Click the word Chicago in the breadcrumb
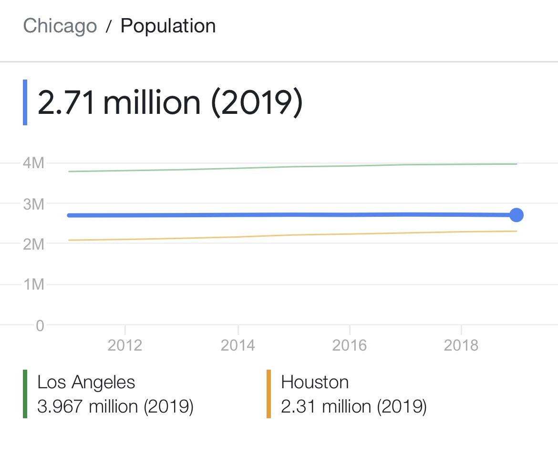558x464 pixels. coord(60,26)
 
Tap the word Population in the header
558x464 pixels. coord(168,26)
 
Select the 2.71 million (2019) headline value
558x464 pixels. coord(170,103)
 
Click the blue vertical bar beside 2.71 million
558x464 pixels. coord(25,102)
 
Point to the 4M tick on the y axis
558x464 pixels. coord(33,163)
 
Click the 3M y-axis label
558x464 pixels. coord(33,204)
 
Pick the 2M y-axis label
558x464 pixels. coord(33,244)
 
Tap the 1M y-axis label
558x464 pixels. coord(33,284)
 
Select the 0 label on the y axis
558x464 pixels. coord(40,325)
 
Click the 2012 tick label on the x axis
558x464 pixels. coord(125,345)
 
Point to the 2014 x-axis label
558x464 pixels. coord(238,345)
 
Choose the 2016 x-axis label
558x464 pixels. coord(350,345)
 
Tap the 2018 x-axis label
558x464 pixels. coord(461,345)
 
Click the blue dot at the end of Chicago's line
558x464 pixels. coord(517,215)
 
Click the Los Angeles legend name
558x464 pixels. coord(86,382)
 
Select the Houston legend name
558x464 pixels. coord(315,382)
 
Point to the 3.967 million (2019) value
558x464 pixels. coord(115,407)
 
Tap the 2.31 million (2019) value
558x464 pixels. coord(353,407)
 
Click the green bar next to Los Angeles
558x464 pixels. coord(25,394)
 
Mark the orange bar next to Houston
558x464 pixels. coord(269,394)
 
